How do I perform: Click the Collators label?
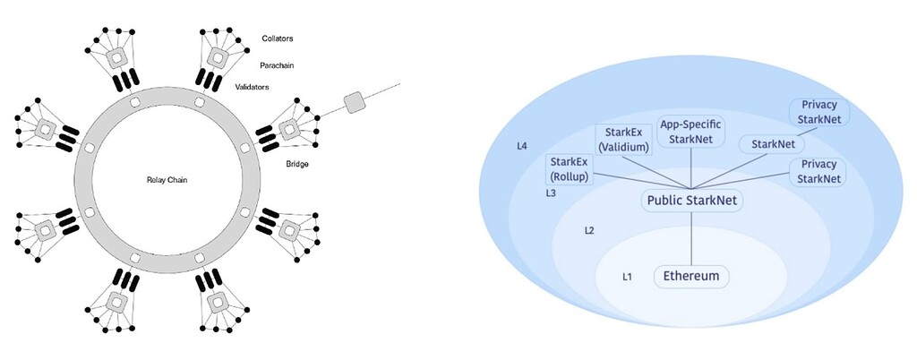(x=278, y=39)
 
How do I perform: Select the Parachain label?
(x=277, y=65)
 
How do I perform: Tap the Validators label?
(x=252, y=87)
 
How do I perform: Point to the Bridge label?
(x=297, y=164)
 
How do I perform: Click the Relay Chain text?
(x=167, y=180)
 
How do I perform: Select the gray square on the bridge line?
(x=353, y=102)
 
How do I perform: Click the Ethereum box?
(x=691, y=277)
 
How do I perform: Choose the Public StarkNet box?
(x=692, y=201)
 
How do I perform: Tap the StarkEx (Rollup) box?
(x=569, y=170)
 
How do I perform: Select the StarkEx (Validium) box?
(x=623, y=140)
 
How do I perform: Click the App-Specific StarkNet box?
(x=691, y=132)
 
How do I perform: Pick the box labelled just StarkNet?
(x=772, y=144)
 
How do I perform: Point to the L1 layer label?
(x=627, y=277)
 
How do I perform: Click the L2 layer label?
(x=589, y=230)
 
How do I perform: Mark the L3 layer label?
(x=551, y=193)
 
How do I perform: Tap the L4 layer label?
(x=522, y=145)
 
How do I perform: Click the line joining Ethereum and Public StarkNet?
(x=692, y=238)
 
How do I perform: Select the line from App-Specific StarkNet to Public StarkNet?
(x=692, y=168)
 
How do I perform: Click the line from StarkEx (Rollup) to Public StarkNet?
(x=643, y=181)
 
